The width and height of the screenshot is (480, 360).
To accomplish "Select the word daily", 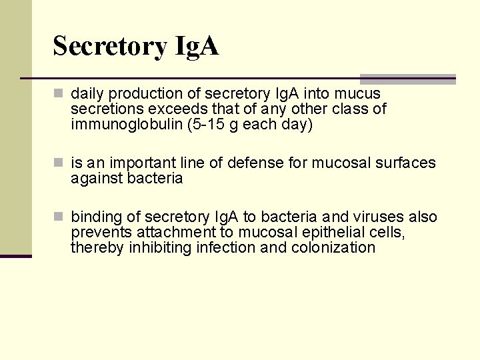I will click(87, 93).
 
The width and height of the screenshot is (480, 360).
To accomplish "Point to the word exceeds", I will click(171, 109).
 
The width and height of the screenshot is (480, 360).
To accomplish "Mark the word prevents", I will click(101, 232).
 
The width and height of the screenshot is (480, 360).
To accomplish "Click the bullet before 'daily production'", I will click(59, 93).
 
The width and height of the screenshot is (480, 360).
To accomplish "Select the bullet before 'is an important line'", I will click(59, 163).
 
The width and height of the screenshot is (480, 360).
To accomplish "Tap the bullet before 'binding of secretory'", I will click(59, 217).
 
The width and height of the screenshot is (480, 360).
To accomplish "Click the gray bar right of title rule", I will click(407, 79).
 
